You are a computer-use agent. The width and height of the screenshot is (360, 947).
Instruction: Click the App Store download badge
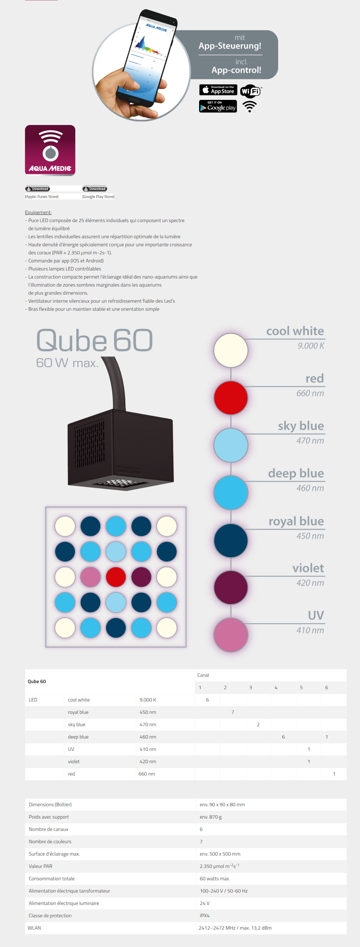218,90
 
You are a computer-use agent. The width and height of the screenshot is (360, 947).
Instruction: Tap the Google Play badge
218,106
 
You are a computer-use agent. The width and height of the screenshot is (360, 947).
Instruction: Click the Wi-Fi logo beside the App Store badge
251,91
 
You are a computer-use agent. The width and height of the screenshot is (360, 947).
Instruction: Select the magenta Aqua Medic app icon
50,150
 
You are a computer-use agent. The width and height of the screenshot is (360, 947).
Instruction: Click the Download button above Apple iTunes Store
37,189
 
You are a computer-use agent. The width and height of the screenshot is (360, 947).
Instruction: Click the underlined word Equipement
38,213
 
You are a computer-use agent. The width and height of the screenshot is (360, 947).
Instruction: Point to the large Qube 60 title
94,340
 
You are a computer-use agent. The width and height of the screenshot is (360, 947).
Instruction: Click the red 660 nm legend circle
231,398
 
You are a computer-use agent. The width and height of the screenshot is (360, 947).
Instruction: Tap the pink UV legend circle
231,635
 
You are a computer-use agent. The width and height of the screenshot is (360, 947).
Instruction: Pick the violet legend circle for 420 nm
231,587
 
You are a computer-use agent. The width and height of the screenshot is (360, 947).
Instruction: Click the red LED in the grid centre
116,577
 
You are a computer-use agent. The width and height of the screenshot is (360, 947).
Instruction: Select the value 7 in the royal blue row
233,712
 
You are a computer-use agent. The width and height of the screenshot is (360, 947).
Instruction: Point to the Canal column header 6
326,687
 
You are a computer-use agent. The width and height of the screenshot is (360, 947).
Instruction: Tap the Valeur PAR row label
40,866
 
